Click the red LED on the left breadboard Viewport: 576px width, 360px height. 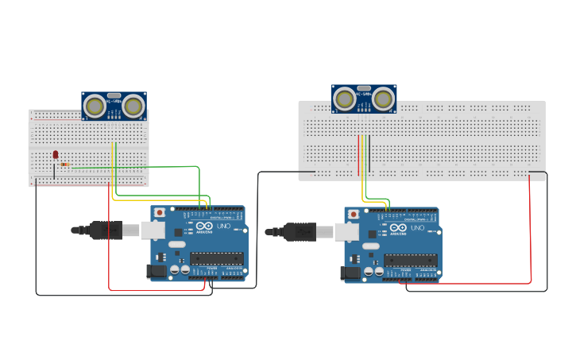[x=56, y=154]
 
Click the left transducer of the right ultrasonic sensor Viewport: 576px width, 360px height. [x=345, y=99]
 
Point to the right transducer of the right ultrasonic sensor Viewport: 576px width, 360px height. [x=384, y=99]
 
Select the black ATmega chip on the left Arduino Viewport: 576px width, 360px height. [x=216, y=258]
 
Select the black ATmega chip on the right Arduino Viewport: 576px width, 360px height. [x=410, y=260]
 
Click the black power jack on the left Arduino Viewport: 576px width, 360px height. [x=157, y=271]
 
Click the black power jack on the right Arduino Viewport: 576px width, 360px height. [x=350, y=273]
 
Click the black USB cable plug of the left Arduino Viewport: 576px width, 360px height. [x=106, y=230]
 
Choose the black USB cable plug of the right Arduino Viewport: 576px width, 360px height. [x=300, y=231]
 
